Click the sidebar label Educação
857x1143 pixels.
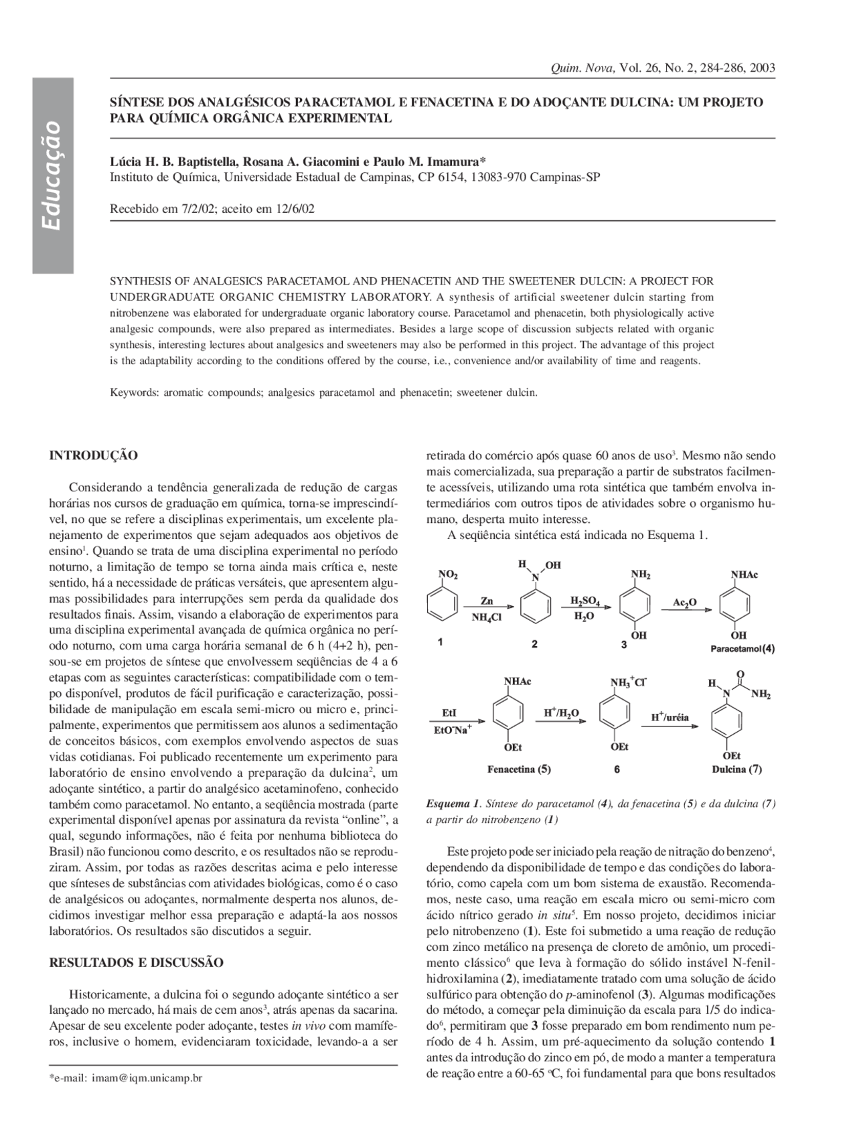pos(52,175)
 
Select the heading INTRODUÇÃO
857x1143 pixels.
pos(94,455)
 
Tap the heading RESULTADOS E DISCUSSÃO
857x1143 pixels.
pos(137,962)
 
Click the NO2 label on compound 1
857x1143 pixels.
pos(448,575)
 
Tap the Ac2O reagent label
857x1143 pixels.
pos(684,603)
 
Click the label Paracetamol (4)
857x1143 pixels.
pos(743,649)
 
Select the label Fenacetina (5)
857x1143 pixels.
pos(519,769)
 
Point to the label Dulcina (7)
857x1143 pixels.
pos(736,769)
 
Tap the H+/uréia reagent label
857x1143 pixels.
pos(670,717)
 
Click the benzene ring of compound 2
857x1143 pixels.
pos(536,608)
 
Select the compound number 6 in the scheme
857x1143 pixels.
pos(617,770)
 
